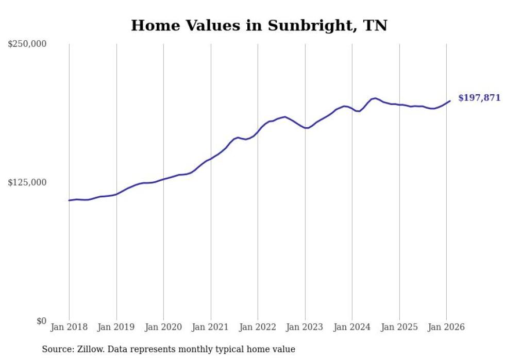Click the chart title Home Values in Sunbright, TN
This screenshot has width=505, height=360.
point(259,25)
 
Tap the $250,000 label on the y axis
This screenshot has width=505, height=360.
point(27,44)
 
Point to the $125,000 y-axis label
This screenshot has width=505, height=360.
point(27,182)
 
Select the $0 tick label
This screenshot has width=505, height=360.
point(41,321)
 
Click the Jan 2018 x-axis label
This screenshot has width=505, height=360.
point(69,328)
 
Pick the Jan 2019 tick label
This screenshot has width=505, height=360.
point(116,328)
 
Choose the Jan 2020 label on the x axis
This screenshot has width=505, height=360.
point(163,328)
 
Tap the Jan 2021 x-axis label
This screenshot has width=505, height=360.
point(211,328)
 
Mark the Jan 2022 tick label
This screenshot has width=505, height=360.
point(258,328)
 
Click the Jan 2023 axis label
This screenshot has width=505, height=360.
point(305,328)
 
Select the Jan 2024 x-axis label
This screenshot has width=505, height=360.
point(352,328)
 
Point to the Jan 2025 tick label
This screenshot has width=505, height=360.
point(399,328)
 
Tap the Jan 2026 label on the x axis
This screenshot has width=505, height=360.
point(446,328)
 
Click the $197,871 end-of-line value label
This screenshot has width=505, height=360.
point(479,98)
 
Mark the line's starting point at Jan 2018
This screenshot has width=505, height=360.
point(69,200)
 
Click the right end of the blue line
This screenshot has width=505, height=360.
point(450,101)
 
